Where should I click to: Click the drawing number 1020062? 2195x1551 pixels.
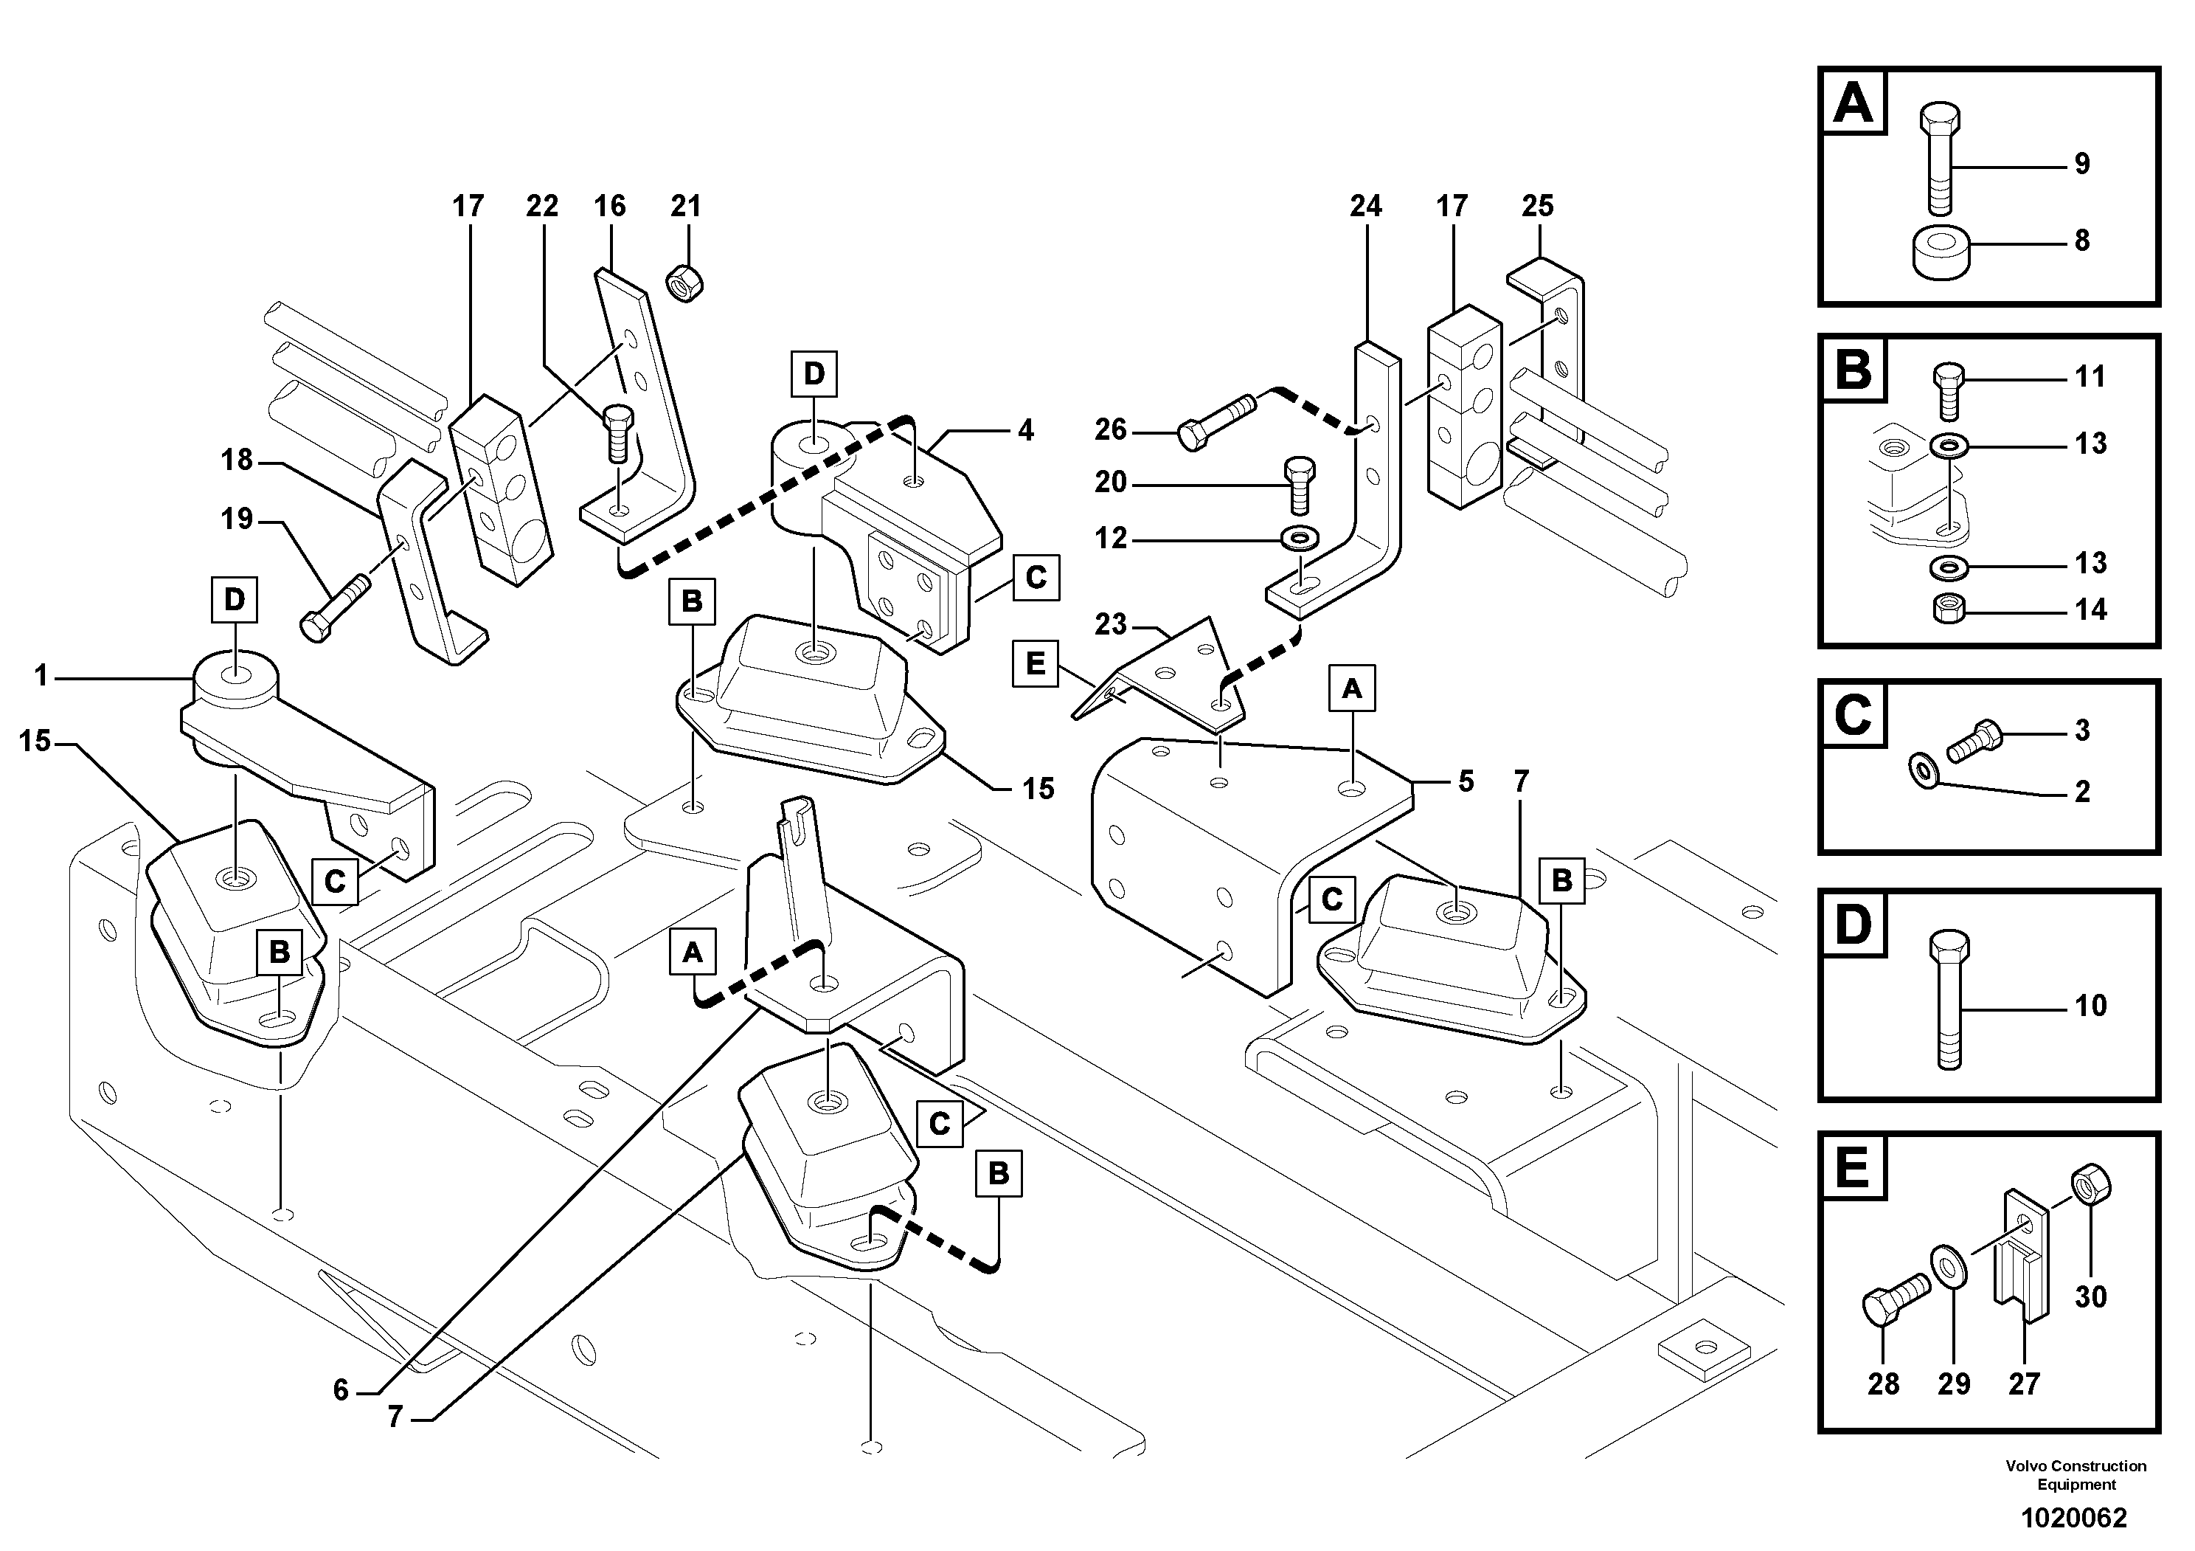[2073, 1518]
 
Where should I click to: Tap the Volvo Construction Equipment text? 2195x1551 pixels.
[2076, 1474]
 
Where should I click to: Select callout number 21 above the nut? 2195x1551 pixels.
[685, 206]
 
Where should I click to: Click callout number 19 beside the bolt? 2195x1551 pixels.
[237, 519]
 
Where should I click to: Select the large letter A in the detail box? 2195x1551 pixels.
[1854, 103]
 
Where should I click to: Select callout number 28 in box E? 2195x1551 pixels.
[1882, 1383]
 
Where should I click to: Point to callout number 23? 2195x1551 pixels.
[1111, 624]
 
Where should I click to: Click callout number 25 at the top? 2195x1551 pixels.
[1537, 206]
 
